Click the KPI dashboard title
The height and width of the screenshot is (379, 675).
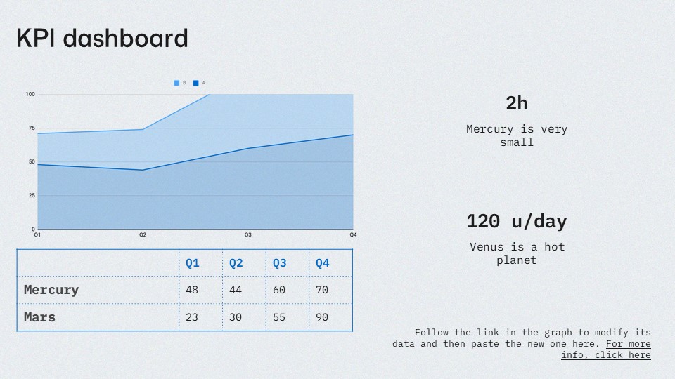[102, 38]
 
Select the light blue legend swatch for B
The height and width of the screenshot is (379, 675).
[176, 83]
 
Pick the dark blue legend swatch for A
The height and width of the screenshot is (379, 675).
[196, 83]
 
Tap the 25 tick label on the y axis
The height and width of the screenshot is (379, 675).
[32, 196]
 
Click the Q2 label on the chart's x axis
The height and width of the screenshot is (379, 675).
[143, 235]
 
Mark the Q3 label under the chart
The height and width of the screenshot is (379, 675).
[248, 235]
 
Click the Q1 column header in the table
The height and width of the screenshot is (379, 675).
[193, 263]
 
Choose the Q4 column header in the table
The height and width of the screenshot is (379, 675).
[323, 263]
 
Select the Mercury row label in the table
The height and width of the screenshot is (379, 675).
[51, 290]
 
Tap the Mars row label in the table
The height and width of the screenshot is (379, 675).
[39, 317]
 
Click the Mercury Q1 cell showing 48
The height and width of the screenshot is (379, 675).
[192, 290]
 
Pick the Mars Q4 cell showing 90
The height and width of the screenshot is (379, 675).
[322, 317]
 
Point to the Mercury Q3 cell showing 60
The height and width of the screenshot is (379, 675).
[279, 290]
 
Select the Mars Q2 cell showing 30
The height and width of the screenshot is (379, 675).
[236, 317]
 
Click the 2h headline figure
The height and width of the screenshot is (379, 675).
[517, 104]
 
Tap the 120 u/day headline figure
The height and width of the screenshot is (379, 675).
[517, 222]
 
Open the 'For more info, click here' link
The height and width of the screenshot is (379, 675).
[606, 350]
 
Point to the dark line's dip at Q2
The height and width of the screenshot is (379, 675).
[143, 170]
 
